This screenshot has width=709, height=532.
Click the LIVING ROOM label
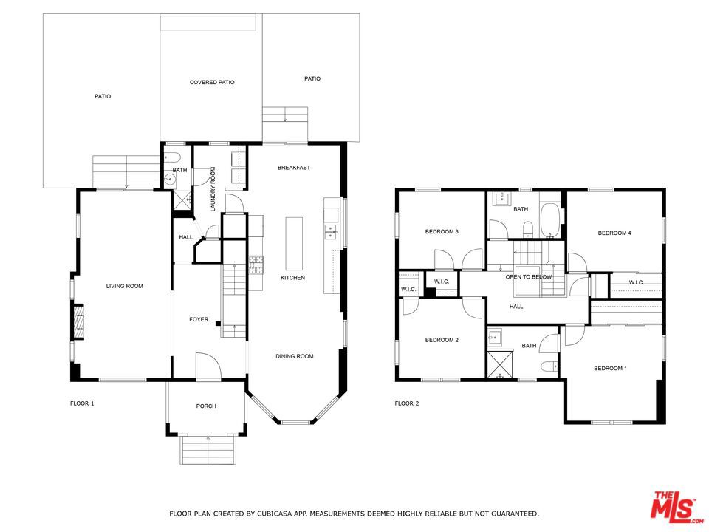pyautogui.click(x=124, y=286)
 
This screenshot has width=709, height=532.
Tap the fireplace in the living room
pyautogui.click(x=78, y=322)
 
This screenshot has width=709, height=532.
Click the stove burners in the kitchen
pyautogui.click(x=256, y=265)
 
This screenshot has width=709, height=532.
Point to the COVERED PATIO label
pyautogui.click(x=212, y=82)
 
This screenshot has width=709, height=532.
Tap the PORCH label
pyautogui.click(x=206, y=406)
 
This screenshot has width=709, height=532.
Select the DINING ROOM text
pyautogui.click(x=295, y=356)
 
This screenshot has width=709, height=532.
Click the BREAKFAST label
pyautogui.click(x=294, y=168)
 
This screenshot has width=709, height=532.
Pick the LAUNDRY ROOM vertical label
pyautogui.click(x=213, y=189)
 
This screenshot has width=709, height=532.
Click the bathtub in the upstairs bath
pyautogui.click(x=549, y=220)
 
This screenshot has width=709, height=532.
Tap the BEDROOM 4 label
pyautogui.click(x=614, y=233)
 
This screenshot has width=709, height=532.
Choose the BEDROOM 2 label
pyautogui.click(x=442, y=340)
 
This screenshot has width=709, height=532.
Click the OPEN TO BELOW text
pyautogui.click(x=529, y=277)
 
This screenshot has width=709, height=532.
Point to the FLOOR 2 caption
pyautogui.click(x=406, y=403)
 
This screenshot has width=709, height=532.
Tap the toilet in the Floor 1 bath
pyautogui.click(x=173, y=157)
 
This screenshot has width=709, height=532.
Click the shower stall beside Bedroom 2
pyautogui.click(x=501, y=364)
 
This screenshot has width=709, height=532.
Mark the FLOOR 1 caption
pyautogui.click(x=82, y=403)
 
